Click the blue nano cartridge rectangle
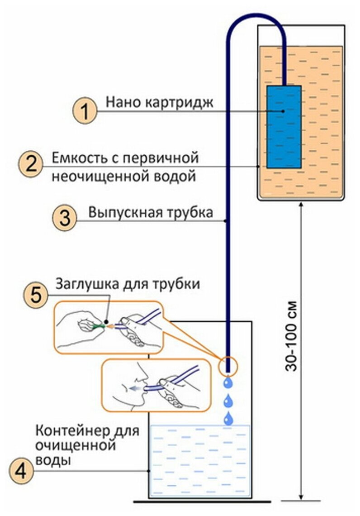click(x=284, y=127)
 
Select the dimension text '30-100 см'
click(x=293, y=335)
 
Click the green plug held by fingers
click(x=96, y=325)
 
